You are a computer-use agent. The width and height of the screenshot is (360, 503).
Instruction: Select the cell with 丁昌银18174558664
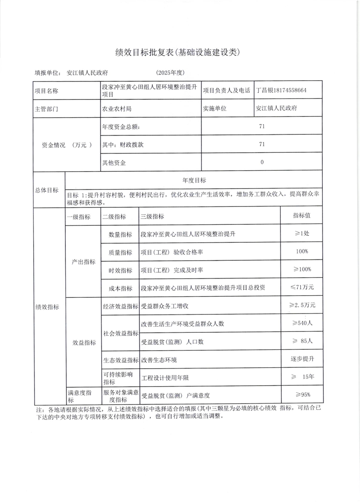coord(281,90)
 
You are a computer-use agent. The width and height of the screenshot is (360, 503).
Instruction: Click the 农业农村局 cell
coord(117,108)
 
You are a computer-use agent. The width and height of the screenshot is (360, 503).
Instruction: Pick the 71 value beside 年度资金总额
coord(262,126)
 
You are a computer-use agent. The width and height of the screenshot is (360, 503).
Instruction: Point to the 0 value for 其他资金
coord(262,162)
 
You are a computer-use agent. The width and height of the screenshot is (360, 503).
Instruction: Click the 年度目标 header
coord(194,180)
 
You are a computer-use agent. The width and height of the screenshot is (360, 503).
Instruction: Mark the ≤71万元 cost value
coord(302,287)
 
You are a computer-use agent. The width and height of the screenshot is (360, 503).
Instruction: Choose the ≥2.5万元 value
coord(303,305)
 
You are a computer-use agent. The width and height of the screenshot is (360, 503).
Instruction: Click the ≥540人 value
coord(302,323)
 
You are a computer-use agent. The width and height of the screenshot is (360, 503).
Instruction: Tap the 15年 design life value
coord(302,377)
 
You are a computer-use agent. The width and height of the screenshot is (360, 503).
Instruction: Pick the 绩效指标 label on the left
coord(47,307)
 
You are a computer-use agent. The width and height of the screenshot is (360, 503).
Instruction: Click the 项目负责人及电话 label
coord(226,90)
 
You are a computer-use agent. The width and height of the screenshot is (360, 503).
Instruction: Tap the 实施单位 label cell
coord(215,108)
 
